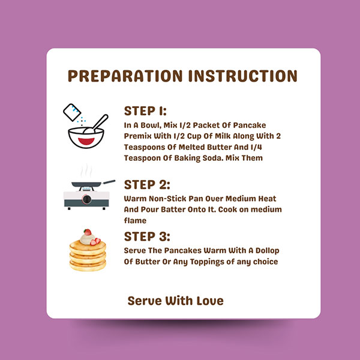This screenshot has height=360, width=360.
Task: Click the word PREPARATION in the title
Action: [125, 76]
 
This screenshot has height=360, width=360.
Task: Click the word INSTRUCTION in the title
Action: [242, 76]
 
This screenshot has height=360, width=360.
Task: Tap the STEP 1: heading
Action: [145, 111]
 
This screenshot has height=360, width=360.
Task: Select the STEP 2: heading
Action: [147, 185]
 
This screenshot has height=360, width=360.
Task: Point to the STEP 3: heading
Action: [147, 237]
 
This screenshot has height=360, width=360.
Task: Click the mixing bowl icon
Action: [86, 137]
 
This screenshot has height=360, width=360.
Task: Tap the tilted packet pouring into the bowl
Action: [72, 112]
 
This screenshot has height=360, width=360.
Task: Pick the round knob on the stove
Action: [87, 199]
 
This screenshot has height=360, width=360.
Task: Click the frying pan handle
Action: [109, 182]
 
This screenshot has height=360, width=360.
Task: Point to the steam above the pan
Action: [86, 170]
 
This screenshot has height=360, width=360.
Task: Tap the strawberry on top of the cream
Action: [88, 232]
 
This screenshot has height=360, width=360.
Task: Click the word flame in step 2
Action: [135, 221]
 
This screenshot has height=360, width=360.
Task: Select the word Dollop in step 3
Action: [268, 250]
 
